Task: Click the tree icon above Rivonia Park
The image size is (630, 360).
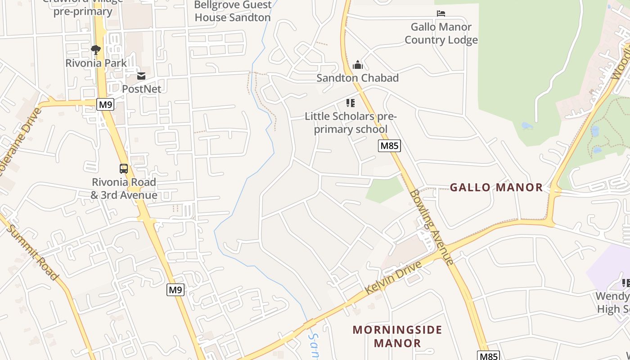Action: [95, 49]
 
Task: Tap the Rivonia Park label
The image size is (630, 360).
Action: [96, 63]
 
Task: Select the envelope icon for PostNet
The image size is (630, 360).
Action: [141, 76]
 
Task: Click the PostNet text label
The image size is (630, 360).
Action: [141, 89]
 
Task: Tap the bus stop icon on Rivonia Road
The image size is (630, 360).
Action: [124, 169]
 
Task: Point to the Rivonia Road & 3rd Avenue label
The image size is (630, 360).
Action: [124, 189]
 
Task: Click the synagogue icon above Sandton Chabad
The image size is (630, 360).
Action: [358, 65]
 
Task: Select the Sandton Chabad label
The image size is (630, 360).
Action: [358, 78]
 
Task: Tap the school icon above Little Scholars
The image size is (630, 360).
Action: [351, 103]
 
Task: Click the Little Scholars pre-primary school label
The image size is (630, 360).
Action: [351, 123]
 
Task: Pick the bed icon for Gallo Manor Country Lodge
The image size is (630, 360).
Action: [441, 13]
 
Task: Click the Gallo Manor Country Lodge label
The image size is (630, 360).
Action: [441, 33]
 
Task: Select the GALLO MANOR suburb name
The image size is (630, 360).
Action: [496, 187]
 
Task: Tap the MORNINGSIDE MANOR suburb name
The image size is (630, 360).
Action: [397, 336]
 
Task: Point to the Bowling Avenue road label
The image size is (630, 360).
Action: [431, 227]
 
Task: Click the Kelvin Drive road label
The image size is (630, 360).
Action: [393, 277]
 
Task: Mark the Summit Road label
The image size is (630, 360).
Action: [33, 252]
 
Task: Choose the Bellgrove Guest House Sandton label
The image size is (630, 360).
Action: [233, 11]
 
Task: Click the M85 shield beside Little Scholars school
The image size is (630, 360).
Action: [389, 145]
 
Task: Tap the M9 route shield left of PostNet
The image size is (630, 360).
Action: [105, 104]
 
